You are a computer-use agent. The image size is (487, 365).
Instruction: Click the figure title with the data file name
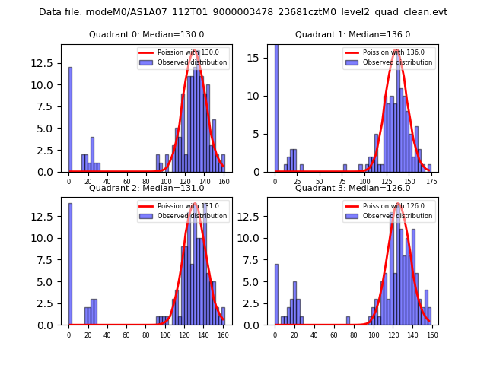coord(243,12)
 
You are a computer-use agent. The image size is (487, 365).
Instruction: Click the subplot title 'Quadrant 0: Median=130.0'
coord(146,34)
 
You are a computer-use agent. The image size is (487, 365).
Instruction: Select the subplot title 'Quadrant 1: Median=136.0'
coord(352,34)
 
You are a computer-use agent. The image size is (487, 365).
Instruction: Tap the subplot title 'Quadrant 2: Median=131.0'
coord(146,188)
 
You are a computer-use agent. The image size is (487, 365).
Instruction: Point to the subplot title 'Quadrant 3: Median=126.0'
coord(352,188)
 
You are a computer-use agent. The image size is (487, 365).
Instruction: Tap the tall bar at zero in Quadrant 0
coord(70,119)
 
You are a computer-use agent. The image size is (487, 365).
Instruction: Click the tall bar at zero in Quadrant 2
coord(70,264)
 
